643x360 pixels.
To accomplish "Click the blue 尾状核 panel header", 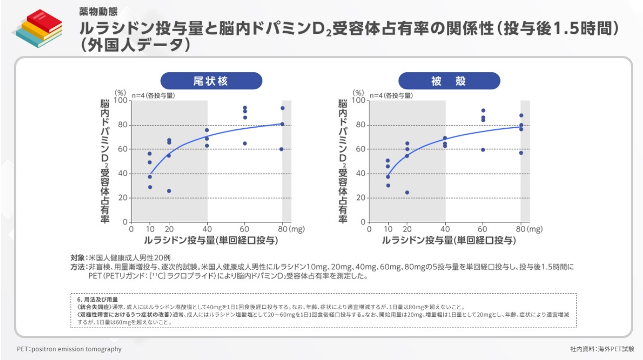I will click(211, 81).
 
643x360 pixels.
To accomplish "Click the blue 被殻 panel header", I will click(449, 81).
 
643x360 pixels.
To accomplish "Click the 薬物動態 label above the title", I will click(98, 10).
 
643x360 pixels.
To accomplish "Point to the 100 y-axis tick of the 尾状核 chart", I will click(121, 101).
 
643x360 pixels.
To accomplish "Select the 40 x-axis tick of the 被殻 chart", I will click(445, 229).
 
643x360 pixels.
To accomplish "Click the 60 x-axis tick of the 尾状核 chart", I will click(244, 229).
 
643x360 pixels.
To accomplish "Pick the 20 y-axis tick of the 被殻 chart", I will click(360, 198).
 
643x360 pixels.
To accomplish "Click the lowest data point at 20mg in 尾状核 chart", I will click(169, 191).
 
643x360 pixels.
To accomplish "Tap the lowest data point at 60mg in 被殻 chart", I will click(483, 150).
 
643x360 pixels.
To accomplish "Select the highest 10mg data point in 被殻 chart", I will click(388, 161).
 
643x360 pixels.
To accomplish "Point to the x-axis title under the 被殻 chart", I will click(448, 241).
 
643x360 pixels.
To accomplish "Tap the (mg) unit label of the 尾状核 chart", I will click(297, 229).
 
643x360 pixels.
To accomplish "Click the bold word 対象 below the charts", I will click(78, 258).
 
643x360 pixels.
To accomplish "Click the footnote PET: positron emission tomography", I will click(69, 349).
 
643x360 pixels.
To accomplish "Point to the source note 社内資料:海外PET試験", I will click(602, 349).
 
